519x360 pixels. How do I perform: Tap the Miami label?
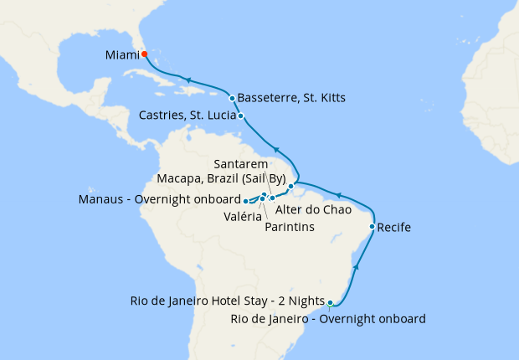122,55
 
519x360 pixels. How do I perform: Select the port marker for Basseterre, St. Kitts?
232,98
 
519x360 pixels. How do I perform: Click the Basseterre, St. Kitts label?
291,98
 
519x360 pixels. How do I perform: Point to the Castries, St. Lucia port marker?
241,116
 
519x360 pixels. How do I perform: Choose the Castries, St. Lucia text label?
182,116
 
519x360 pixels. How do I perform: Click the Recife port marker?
372,227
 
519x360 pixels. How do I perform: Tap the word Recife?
394,227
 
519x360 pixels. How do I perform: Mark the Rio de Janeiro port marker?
330,303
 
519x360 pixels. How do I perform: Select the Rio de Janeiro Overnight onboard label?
327,319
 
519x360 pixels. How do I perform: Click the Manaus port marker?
245,201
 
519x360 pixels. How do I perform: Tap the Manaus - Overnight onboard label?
158,200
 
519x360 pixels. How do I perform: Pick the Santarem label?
240,163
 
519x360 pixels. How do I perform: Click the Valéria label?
241,215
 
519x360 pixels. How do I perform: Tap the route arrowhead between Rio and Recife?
357,266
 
